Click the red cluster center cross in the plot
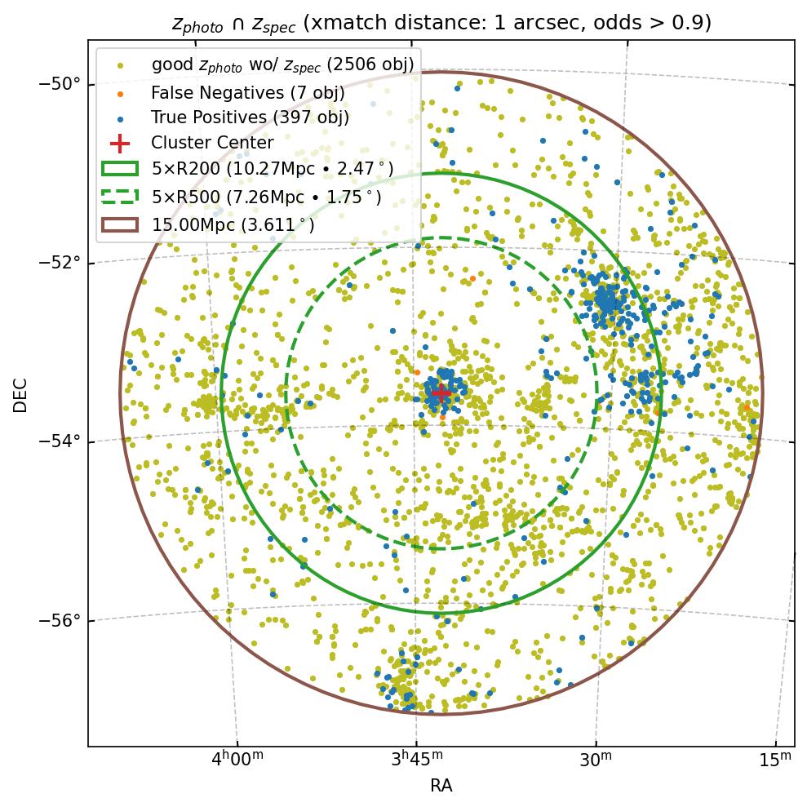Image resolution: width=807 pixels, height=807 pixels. coord(441,392)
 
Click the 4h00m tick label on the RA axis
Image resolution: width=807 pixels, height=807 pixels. coord(237,760)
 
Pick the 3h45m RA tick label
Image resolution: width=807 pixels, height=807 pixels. coord(417,760)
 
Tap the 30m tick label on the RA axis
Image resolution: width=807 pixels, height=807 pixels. coord(596,760)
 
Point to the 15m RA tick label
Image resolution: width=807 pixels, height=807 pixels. coord(775,760)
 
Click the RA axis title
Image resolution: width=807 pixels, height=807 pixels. coord(441,786)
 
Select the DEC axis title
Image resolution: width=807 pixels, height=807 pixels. coord(21,394)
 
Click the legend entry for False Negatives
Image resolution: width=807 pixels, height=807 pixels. coord(247,92)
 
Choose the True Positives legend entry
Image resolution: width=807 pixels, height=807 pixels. coord(250,118)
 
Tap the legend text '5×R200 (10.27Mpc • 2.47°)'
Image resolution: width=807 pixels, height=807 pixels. coord(273,170)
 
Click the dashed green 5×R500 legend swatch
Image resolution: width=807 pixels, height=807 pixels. coord(119,197)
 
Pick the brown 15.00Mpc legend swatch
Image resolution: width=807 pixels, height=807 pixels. coord(119,224)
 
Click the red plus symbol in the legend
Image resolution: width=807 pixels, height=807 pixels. coord(119,144)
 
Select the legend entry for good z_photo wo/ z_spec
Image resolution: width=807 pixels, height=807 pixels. coord(282,64)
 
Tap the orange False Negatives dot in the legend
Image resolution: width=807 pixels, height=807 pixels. coord(120,93)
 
